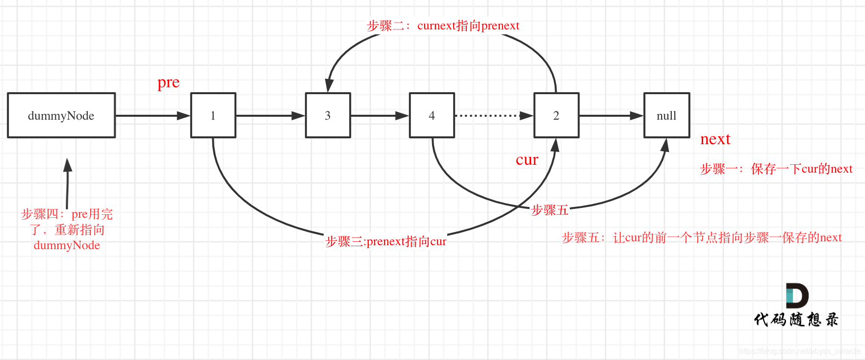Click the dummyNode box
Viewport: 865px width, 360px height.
61,116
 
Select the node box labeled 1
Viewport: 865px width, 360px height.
213,116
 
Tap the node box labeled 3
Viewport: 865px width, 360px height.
328,116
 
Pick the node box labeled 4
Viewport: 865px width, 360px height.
432,116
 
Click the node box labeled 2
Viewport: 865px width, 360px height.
557,116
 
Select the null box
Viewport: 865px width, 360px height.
667,116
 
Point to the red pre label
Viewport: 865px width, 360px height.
168,82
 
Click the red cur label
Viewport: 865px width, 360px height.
527,160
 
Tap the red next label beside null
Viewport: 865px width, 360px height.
715,139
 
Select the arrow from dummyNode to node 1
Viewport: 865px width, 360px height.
152,116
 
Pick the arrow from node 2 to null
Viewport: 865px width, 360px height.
611,116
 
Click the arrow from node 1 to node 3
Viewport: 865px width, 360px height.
270,116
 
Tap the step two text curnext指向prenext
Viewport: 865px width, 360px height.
443,26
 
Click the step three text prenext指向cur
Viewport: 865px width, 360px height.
386,241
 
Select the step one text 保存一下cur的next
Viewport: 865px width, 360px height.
776,169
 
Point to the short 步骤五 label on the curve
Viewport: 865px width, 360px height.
550,210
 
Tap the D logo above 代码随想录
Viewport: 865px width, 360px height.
796,296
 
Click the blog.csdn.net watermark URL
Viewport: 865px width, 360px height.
799,351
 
